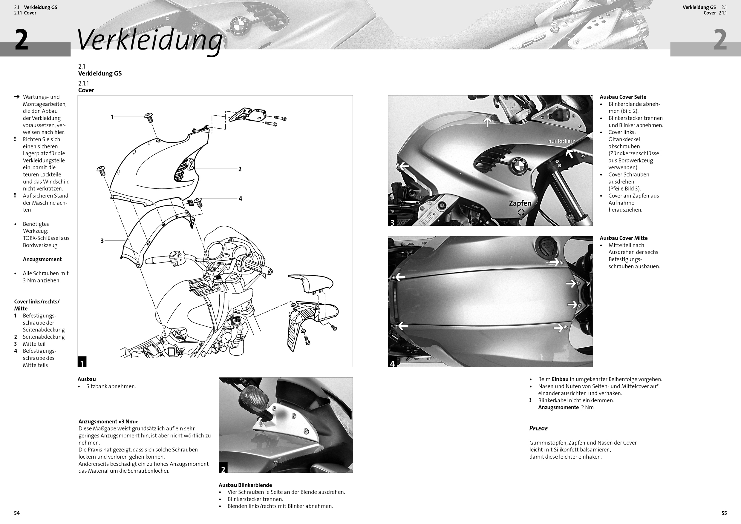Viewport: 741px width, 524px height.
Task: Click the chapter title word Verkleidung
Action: pos(149,40)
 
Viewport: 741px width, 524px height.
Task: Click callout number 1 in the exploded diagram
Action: pos(112,117)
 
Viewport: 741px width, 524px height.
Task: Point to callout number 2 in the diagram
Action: pos(240,169)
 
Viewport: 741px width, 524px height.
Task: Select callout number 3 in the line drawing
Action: pos(102,241)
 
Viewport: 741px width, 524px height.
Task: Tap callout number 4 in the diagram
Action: pos(240,199)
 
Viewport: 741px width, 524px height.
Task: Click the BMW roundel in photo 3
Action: pos(519,165)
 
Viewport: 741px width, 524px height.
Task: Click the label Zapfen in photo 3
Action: pos(520,203)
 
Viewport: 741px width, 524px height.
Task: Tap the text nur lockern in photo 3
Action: pos(561,141)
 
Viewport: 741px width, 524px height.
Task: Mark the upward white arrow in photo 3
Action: pos(487,122)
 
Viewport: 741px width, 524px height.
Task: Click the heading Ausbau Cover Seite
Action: pos(623,97)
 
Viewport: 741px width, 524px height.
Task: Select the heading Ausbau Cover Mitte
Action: pos(624,238)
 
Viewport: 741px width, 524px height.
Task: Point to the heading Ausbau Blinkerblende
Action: pos(245,485)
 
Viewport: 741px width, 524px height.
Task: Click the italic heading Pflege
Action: pos(538,428)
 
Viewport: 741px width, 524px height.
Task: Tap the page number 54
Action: pos(17,513)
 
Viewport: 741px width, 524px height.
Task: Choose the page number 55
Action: pos(724,513)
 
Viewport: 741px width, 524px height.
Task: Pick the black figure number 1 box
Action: pos(82,362)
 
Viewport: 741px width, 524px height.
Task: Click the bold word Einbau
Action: pos(560,379)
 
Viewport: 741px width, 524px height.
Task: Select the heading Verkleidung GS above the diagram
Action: pos(100,73)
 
